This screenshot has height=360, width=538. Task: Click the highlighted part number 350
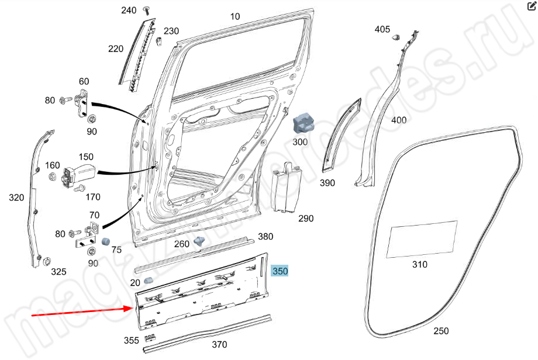tap(280, 271)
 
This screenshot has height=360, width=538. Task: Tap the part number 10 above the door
tap(234, 16)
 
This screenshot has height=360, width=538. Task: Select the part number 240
tap(129, 11)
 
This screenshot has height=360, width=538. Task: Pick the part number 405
tap(382, 29)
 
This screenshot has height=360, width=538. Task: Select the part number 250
tap(442, 331)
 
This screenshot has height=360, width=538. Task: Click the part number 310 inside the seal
tap(419, 264)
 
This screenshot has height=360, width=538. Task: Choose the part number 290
tap(306, 219)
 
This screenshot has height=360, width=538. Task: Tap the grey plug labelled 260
tap(200, 241)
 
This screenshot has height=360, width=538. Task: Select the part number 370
tap(219, 344)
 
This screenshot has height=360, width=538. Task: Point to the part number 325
tap(58, 271)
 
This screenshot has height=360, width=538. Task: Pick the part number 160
tap(53, 165)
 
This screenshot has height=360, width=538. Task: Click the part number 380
tap(265, 237)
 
